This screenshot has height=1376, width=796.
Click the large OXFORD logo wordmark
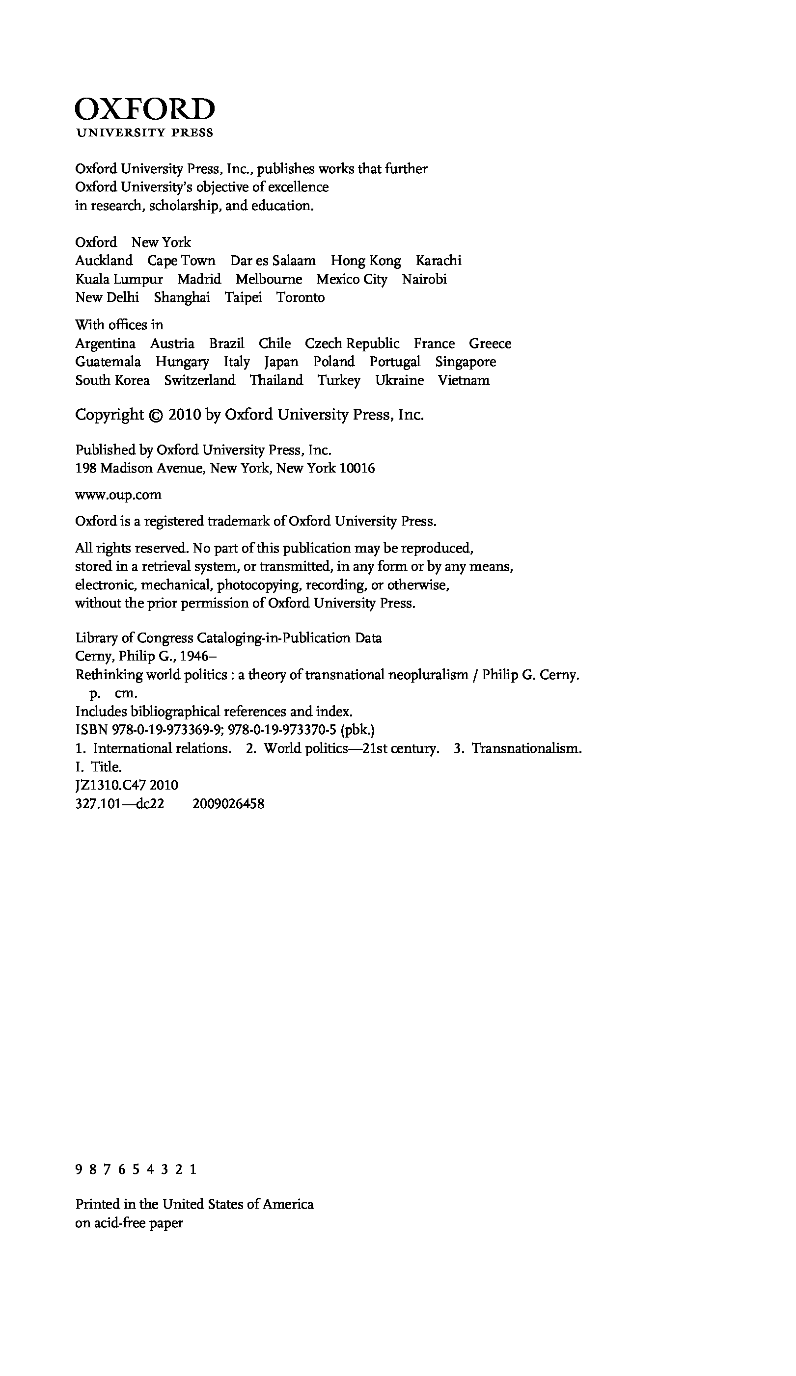[x=145, y=109]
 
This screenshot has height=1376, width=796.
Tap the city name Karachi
[x=438, y=261]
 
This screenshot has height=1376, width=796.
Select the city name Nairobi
[x=424, y=279]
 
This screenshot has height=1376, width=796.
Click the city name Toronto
[x=300, y=297]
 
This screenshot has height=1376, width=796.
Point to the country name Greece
[x=490, y=344]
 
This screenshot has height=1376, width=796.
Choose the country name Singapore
[x=466, y=362]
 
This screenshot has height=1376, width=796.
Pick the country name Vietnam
[x=463, y=381]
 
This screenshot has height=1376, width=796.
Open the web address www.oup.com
[x=118, y=495]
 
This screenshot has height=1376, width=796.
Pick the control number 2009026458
[x=228, y=804]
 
